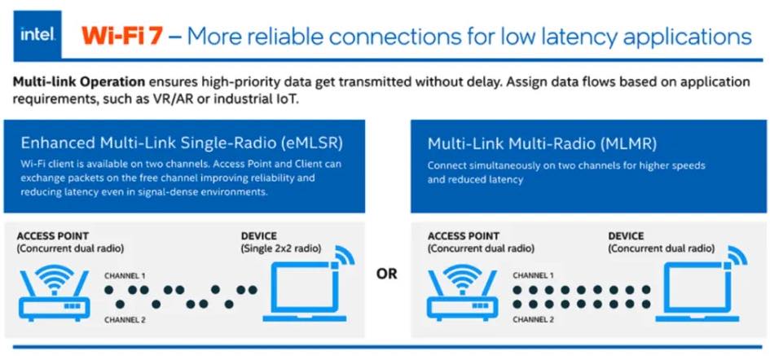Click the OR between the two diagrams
(387, 274)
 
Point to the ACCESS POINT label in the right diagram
(464, 236)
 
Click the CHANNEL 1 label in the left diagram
(125, 275)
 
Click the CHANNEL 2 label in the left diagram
(125, 319)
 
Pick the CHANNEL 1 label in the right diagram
(534, 275)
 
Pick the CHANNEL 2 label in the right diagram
(534, 319)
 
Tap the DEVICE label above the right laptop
(626, 236)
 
